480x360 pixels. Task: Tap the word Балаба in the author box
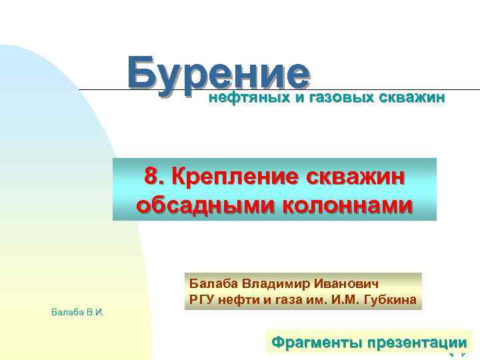pos(211,283)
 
